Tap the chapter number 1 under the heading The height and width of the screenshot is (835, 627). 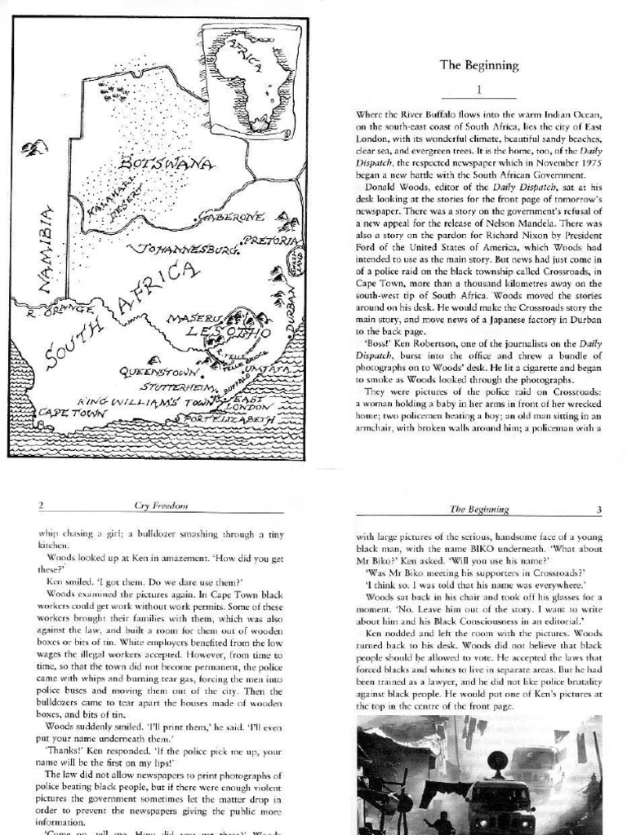click(x=479, y=89)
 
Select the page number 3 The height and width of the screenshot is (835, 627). click(x=598, y=510)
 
